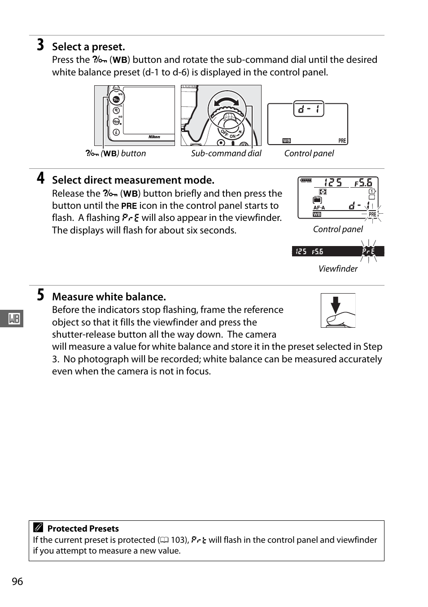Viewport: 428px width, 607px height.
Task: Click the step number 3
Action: point(40,45)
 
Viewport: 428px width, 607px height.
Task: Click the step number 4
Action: point(40,179)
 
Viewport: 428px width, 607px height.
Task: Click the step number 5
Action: point(40,295)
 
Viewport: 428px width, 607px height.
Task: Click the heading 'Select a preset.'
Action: point(88,47)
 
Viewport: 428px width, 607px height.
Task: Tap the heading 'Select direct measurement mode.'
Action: point(133,180)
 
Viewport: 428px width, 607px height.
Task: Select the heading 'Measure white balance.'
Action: point(109,297)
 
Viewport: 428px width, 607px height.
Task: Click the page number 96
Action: point(17,581)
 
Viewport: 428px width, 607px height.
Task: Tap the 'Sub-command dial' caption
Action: point(226,154)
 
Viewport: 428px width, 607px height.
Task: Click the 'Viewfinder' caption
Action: point(338,268)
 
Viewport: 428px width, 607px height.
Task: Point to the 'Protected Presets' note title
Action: point(83,528)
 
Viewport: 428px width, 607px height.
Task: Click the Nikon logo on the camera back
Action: point(154,137)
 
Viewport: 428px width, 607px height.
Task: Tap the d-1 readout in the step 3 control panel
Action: point(308,109)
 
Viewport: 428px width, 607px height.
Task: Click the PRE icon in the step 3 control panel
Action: point(342,141)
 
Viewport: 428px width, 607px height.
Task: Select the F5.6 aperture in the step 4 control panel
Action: point(363,182)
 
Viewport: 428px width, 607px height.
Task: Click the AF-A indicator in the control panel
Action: point(319,208)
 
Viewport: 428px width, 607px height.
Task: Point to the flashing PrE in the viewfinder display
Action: point(368,251)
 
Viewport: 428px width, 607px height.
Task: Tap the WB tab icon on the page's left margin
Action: point(14,319)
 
